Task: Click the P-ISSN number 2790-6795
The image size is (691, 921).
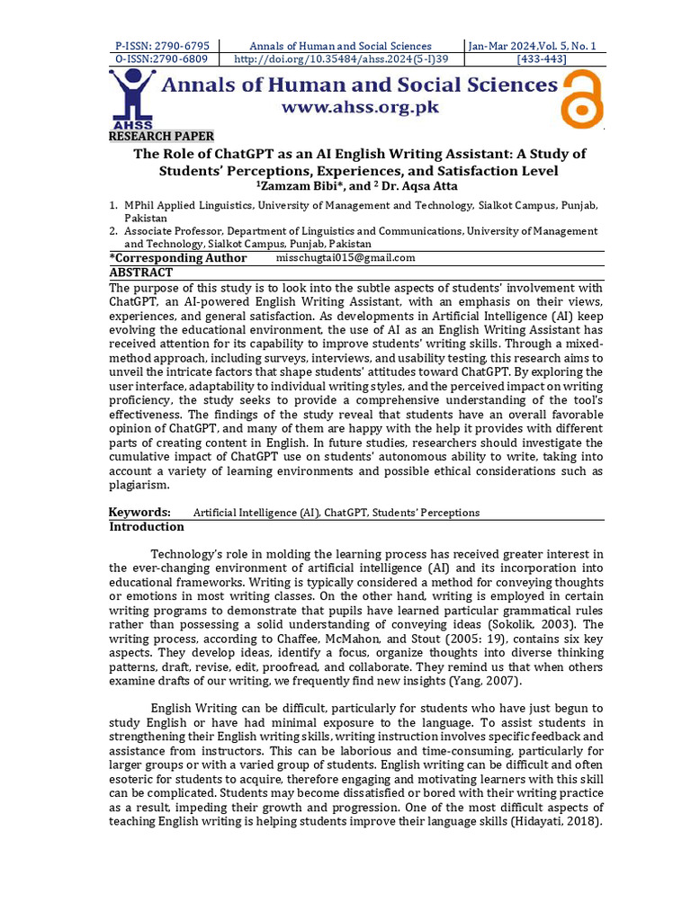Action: (162, 46)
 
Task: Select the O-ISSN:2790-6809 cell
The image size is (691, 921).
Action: (162, 59)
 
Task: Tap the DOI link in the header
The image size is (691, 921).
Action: (339, 59)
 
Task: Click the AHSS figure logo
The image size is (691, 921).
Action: (132, 97)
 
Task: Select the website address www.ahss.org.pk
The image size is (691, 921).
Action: (360, 107)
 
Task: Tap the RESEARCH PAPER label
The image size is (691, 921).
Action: (162, 136)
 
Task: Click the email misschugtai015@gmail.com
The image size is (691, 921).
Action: (345, 258)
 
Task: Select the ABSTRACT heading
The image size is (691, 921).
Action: (140, 272)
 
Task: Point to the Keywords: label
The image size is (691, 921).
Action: (139, 513)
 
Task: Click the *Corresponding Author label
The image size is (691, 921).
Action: (178, 258)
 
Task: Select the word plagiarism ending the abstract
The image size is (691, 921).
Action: (138, 485)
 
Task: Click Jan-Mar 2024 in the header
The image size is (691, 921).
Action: (498, 46)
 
